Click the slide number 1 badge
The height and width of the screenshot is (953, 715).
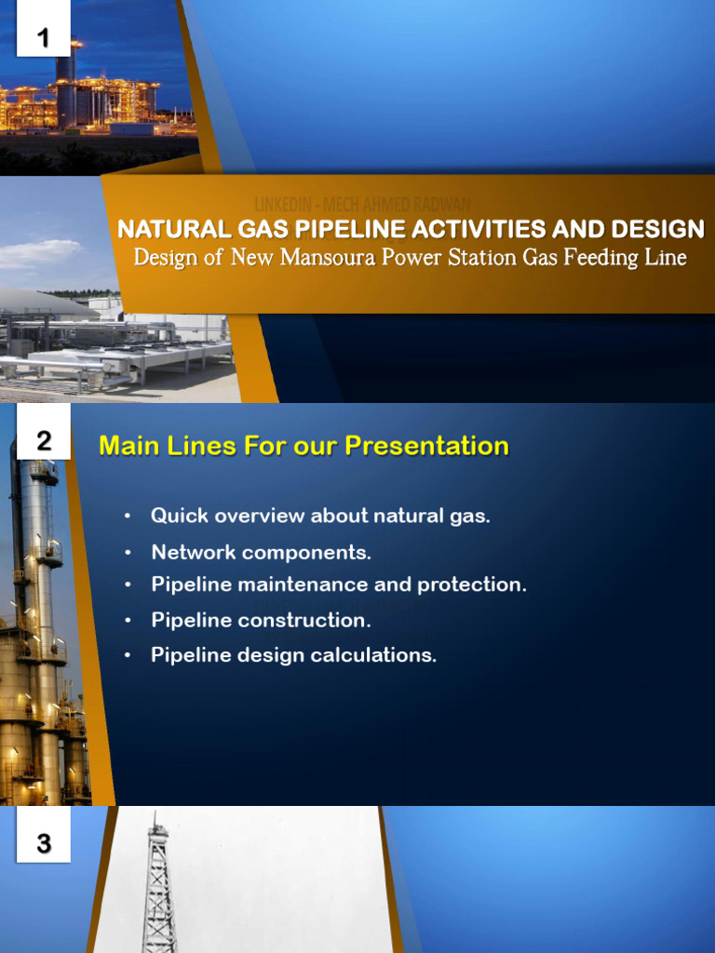[43, 38]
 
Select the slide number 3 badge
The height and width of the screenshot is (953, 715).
[43, 844]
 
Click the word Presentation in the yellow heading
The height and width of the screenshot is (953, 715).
[427, 446]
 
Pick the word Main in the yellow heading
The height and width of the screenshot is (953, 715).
[129, 446]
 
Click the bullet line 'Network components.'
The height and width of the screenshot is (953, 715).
[261, 552]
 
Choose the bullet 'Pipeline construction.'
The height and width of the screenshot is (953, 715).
[261, 620]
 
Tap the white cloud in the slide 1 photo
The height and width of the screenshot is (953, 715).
[37, 253]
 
